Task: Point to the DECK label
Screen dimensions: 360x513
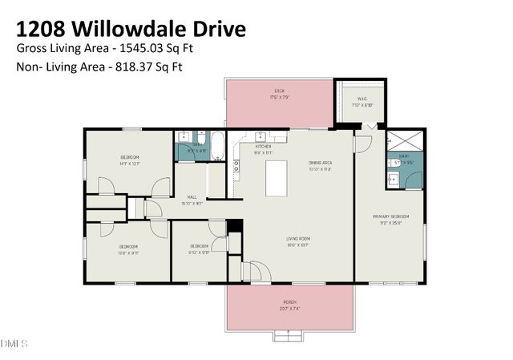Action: (x=279, y=91)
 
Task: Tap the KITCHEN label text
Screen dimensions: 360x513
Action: (x=263, y=147)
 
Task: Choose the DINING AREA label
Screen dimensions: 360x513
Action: (x=321, y=164)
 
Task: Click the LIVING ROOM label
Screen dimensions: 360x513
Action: (x=298, y=239)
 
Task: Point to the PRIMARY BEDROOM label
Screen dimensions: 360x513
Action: (x=390, y=217)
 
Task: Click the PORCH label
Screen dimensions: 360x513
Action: (x=289, y=302)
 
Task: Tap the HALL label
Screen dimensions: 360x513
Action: (x=192, y=197)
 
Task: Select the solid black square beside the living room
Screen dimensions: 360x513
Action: (x=234, y=225)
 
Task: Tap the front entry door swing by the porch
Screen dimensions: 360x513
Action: (x=256, y=272)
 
